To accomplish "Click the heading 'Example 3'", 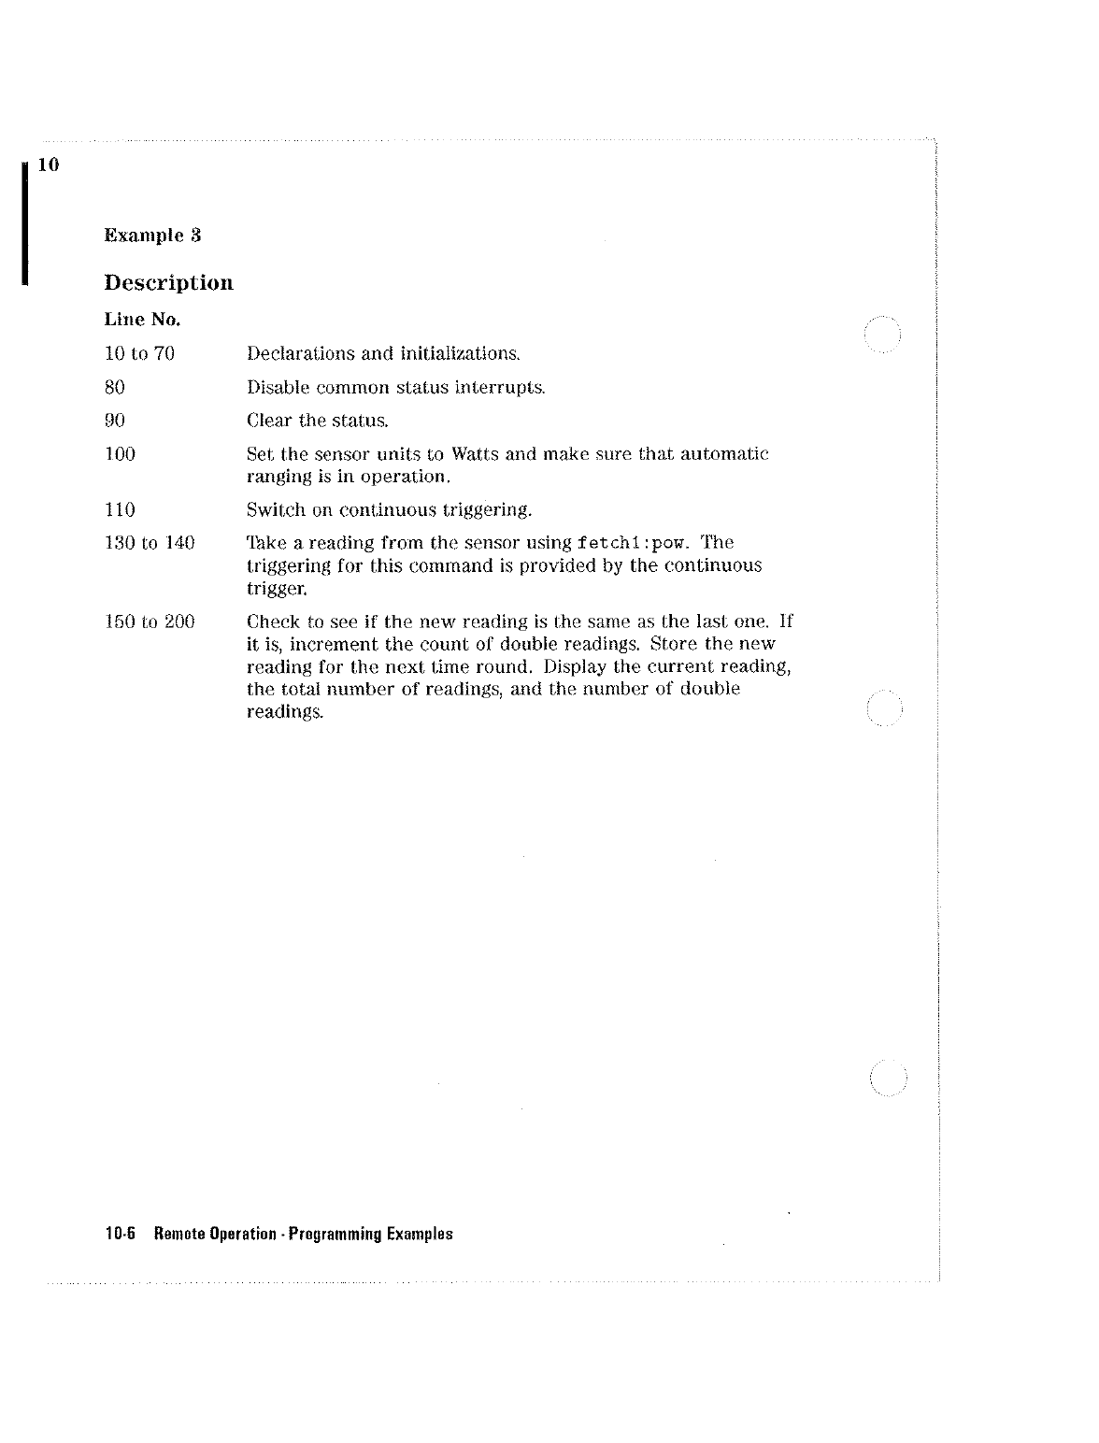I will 152,235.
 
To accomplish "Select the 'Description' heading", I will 168,282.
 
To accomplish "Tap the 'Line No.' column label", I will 142,320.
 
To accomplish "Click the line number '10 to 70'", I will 139,353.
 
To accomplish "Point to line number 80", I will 114,387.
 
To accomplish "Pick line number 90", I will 114,421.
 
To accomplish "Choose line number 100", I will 120,454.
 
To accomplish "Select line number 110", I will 120,509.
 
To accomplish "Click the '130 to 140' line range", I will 150,543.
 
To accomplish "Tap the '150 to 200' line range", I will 150,621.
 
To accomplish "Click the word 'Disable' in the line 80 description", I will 278,387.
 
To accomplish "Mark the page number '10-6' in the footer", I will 121,1234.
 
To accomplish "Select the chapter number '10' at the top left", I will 50,165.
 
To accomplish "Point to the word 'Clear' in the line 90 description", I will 269,421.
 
